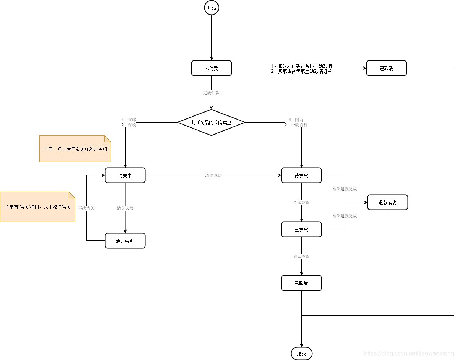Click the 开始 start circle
(211, 8)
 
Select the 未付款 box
(211, 68)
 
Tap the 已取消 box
(386, 68)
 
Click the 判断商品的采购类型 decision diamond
(211, 123)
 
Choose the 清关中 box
(125, 175)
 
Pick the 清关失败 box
(125, 241)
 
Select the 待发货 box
(301, 175)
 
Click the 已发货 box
(301, 229)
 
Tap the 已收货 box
(301, 283)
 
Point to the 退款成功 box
(387, 202)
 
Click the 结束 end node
(301, 353)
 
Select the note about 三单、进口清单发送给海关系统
(75, 149)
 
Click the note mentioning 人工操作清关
(37, 207)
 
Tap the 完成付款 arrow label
(211, 92)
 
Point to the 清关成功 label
(213, 175)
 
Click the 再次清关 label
(86, 208)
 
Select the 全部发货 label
(301, 202)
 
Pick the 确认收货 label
(301, 256)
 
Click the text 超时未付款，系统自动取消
(301, 66)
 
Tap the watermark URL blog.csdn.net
(409, 353)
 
